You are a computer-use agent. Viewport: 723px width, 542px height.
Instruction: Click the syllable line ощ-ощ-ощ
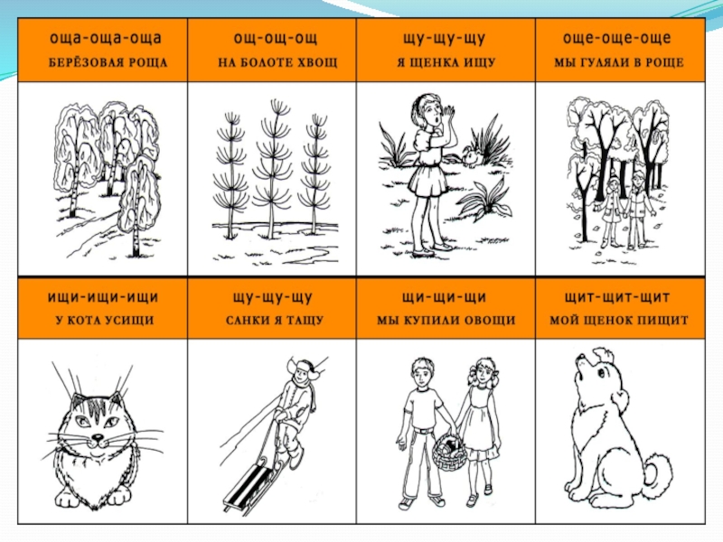point(276,38)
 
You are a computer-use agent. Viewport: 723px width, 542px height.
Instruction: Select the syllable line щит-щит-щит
point(617,297)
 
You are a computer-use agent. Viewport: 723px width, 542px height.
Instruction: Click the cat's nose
point(98,436)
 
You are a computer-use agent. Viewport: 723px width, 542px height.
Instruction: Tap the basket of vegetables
point(448,454)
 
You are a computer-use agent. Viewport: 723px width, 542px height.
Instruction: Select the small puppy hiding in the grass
point(472,155)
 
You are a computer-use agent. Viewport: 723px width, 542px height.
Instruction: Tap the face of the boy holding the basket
point(422,374)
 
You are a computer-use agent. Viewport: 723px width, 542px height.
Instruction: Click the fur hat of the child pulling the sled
point(304,368)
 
